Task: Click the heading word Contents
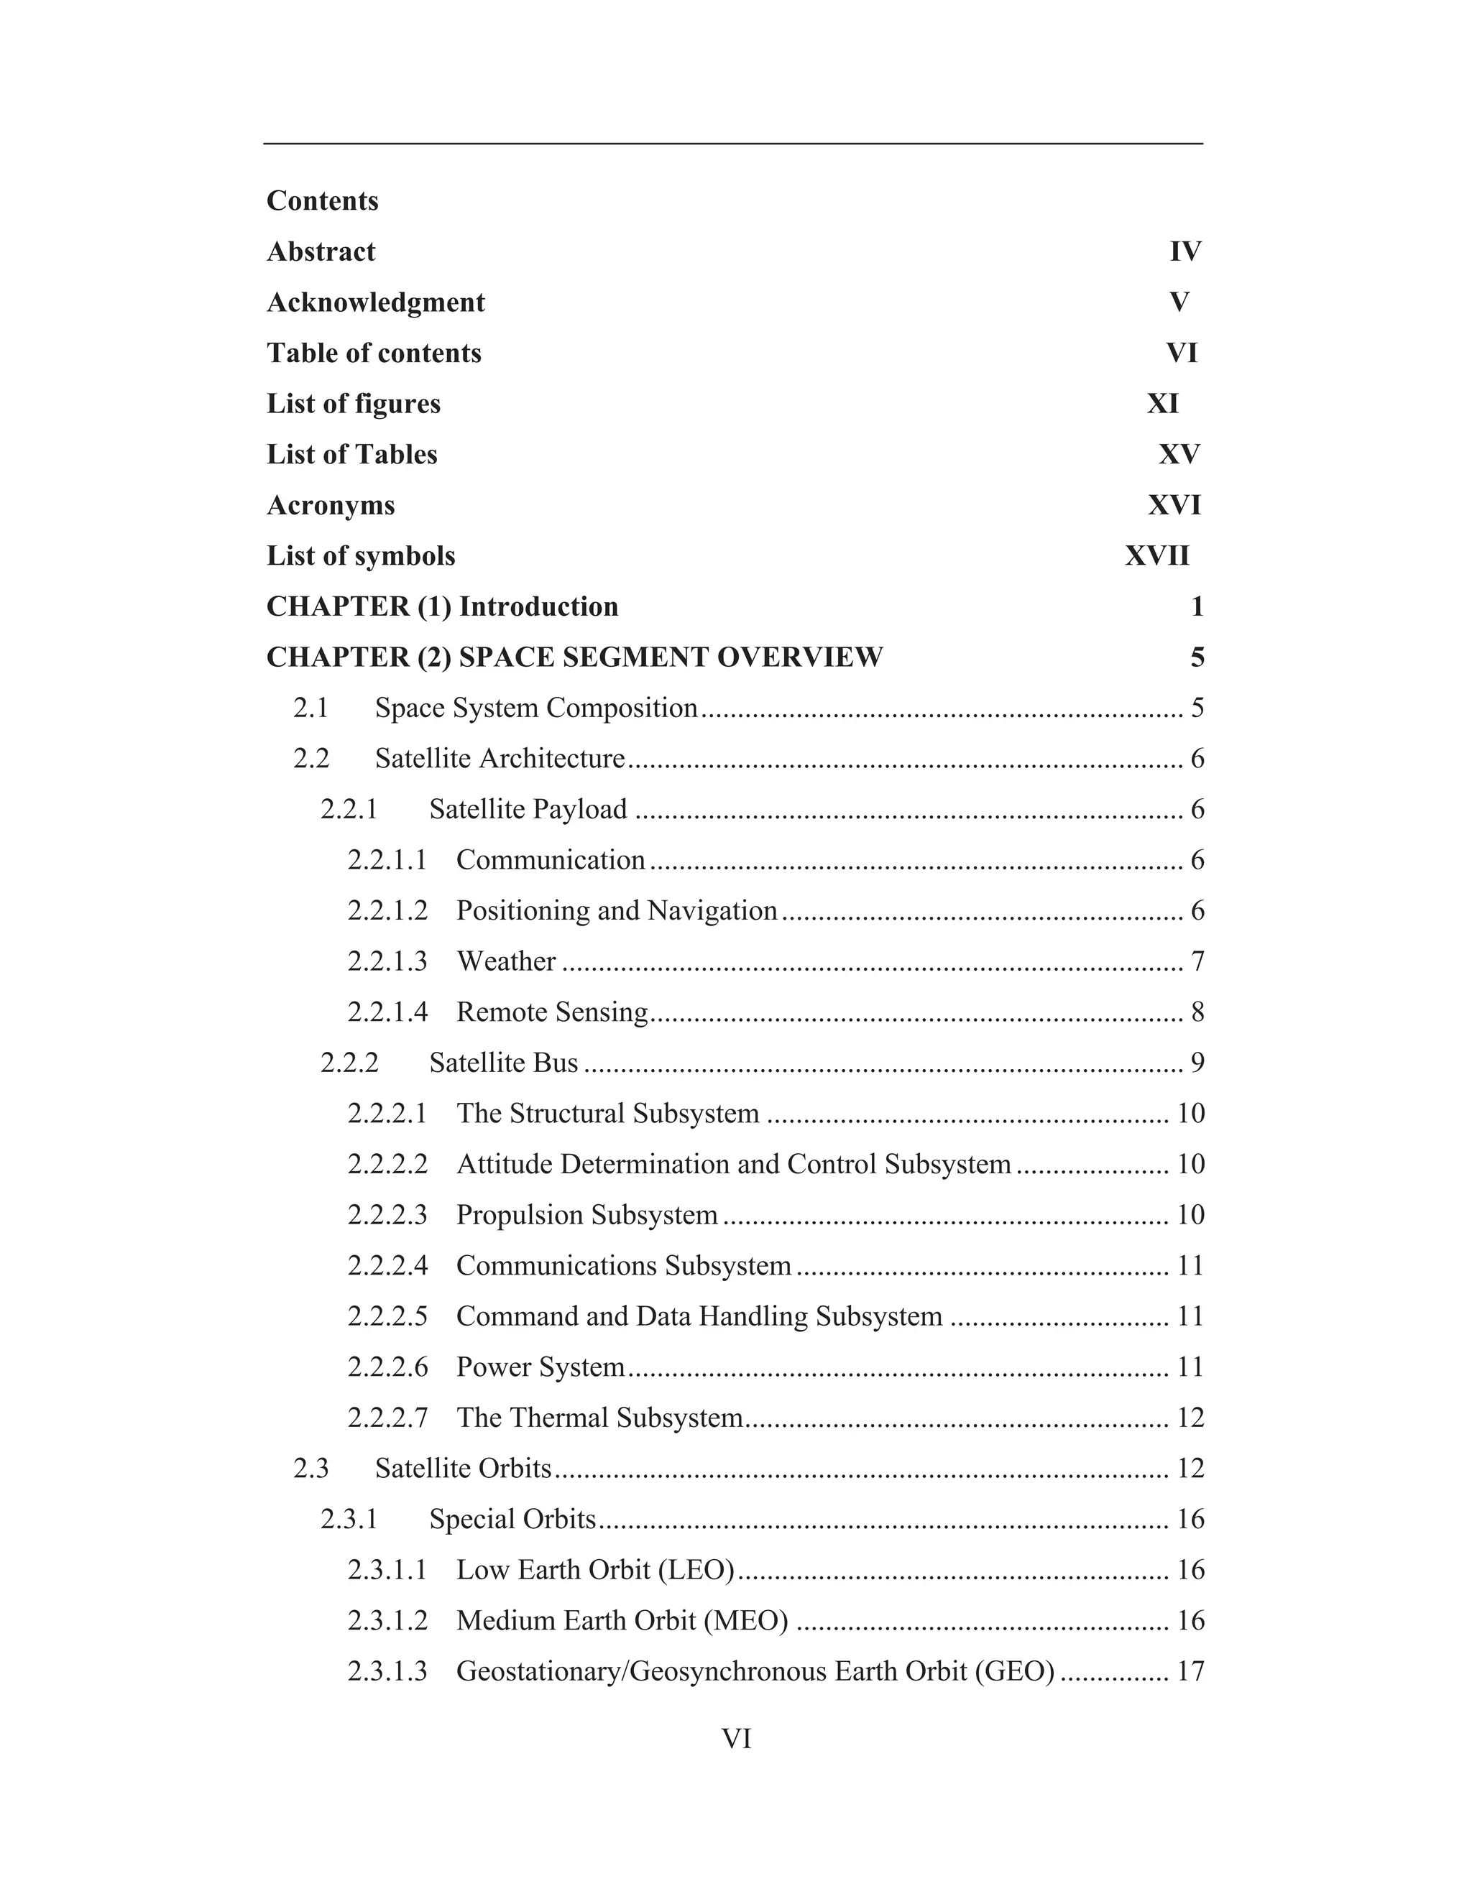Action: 322,200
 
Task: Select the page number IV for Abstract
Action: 1185,252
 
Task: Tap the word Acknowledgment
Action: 375,302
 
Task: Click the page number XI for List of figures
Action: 1162,404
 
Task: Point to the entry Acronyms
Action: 331,506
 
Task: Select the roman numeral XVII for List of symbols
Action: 1156,556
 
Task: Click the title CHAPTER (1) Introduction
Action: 442,607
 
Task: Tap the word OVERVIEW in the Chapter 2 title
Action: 800,657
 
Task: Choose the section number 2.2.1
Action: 349,810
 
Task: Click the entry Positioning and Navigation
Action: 617,911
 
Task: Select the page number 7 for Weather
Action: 1197,961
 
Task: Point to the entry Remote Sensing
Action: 552,1012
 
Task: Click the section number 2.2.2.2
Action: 387,1165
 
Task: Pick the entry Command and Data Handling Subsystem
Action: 699,1316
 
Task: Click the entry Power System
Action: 540,1367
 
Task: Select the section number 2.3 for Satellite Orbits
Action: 311,1469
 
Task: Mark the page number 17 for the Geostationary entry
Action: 1190,1671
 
